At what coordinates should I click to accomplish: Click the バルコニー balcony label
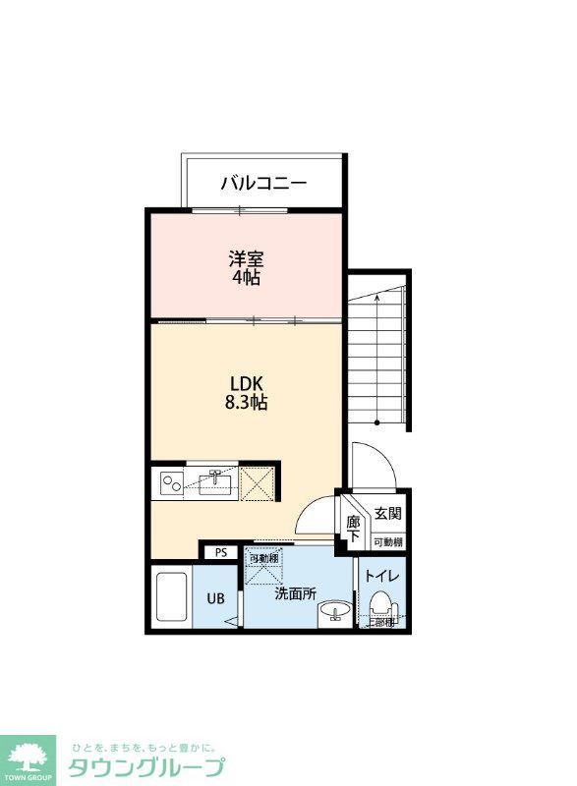pos(263,182)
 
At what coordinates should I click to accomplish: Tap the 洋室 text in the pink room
pos(246,259)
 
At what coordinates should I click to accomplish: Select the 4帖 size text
pos(246,278)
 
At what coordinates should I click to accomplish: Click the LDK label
pos(246,383)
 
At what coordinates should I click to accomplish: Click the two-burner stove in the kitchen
pos(171,482)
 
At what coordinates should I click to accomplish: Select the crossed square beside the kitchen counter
pos(259,482)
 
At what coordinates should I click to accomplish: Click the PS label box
pos(221,552)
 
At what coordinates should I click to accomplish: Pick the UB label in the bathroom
pos(214,597)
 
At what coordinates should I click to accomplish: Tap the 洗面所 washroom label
pos(294,593)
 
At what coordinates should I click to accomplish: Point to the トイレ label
pos(381,577)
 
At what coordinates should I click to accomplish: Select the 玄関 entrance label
pos(387,514)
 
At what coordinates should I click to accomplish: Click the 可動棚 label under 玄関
pos(387,542)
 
